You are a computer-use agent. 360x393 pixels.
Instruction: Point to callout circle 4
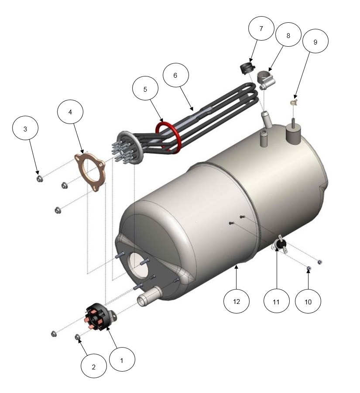click(70, 112)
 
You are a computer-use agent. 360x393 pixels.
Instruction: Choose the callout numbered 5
click(145, 89)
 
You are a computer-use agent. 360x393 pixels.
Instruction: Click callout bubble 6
click(175, 75)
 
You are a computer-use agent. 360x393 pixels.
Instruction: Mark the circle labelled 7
click(261, 28)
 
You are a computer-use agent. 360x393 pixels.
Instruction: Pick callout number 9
click(315, 41)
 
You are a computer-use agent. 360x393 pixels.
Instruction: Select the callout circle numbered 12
click(237, 301)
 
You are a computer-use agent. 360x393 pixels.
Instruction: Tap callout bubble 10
click(308, 301)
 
